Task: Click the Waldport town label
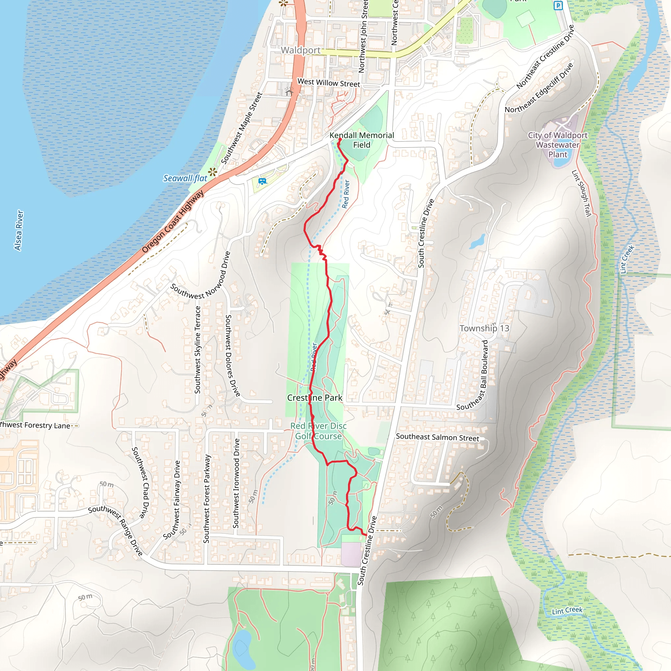[x=300, y=50]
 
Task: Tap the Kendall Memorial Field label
[x=362, y=140]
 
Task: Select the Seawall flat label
[x=185, y=178]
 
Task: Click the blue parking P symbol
[x=558, y=6]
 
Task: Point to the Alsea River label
[x=19, y=230]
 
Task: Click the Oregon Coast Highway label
[x=173, y=222]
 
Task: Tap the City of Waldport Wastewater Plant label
[x=557, y=145]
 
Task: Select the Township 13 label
[x=484, y=328]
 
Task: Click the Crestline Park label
[x=315, y=398]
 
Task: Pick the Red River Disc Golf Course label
[x=318, y=431]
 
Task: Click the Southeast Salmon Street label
[x=437, y=437]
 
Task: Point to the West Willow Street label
[x=329, y=83]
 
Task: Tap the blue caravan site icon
[x=262, y=181]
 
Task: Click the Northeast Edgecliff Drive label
[x=539, y=88]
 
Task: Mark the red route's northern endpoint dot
[x=340, y=139]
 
